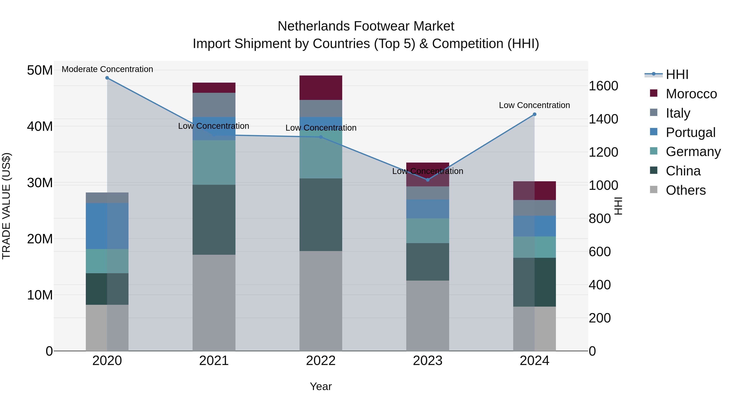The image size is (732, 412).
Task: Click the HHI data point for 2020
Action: coord(107,78)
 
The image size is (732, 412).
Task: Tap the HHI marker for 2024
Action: coord(535,114)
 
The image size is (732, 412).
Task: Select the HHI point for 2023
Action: coord(428,180)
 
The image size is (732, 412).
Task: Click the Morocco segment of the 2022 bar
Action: coord(321,87)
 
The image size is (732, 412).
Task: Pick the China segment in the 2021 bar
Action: coord(214,220)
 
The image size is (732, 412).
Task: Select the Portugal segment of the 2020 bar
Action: coord(107,226)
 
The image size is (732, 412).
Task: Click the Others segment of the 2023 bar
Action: coord(428,316)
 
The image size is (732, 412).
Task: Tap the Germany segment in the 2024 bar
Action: coord(535,247)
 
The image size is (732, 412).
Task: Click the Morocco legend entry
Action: coord(691,94)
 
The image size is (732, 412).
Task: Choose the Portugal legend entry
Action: coord(691,132)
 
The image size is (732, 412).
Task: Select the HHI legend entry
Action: coord(677,74)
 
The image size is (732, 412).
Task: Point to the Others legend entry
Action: coord(685,190)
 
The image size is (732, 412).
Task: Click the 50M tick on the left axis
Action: coord(40,70)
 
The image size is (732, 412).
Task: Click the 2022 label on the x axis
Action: coord(321,361)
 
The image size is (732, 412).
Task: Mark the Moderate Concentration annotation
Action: coord(107,69)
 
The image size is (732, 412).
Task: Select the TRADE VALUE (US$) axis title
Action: coord(6,206)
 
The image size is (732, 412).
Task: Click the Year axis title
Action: coord(321,386)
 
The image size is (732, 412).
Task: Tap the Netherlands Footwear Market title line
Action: coord(366,26)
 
